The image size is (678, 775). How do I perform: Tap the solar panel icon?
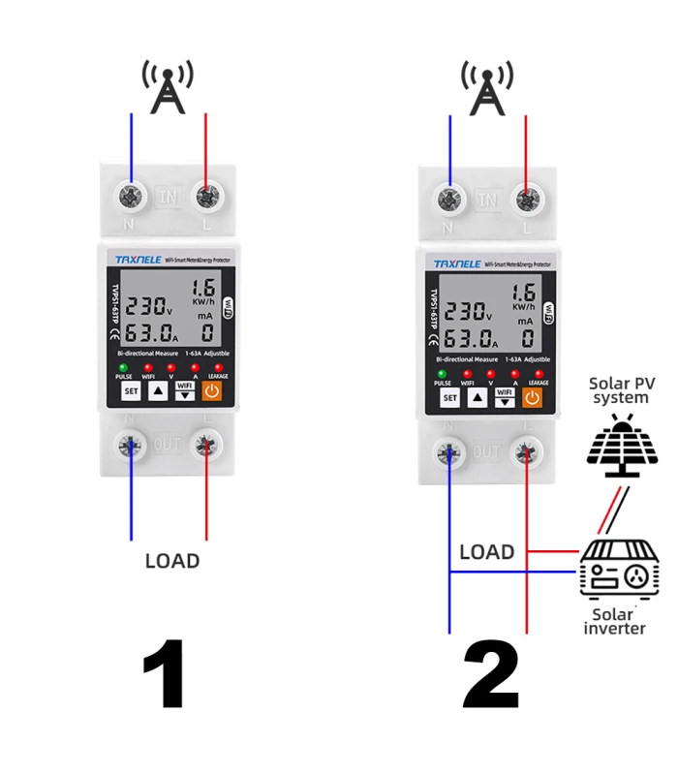coord(623,448)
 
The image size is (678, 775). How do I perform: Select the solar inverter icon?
coord(619,572)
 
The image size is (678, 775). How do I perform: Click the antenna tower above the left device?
coord(168,87)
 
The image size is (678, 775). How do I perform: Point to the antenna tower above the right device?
coord(487,87)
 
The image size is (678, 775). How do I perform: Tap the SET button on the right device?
coord(449,397)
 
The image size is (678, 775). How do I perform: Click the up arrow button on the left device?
coord(158,391)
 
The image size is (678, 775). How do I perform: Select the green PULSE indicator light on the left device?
coord(124,368)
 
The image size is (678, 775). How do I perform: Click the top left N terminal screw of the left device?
coord(131,195)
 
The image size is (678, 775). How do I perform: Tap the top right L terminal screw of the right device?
coord(527,200)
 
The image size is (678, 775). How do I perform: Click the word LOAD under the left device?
coord(172,560)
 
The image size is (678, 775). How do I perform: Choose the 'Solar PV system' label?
coord(622,390)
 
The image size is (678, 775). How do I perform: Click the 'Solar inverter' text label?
coord(614,621)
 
